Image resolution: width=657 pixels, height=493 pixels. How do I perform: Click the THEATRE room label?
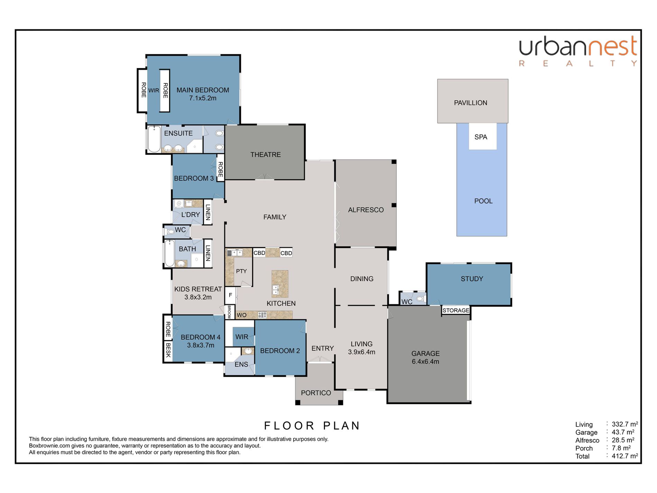pyautogui.click(x=266, y=155)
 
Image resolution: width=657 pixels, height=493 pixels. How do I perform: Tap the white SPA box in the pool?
pyautogui.click(x=483, y=136)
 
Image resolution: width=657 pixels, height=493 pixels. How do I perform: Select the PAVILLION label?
pyautogui.click(x=471, y=103)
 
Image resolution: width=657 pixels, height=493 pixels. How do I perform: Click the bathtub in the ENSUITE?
pyautogui.click(x=154, y=139)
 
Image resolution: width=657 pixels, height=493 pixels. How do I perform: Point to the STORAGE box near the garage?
pyautogui.click(x=456, y=310)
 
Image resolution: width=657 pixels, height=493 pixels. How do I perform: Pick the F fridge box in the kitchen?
pyautogui.click(x=230, y=295)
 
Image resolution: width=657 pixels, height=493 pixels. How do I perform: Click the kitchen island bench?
pyautogui.click(x=280, y=284)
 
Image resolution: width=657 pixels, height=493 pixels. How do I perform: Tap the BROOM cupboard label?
pyautogui.click(x=229, y=312)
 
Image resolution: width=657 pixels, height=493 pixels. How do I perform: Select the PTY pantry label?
pyautogui.click(x=241, y=271)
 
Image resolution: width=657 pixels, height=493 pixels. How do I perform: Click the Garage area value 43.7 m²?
pyautogui.click(x=623, y=432)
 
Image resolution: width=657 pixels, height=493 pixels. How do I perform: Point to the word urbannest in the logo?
pyautogui.click(x=578, y=47)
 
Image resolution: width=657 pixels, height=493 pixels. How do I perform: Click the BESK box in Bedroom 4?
pyautogui.click(x=168, y=350)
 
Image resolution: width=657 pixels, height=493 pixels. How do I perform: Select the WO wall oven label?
pyautogui.click(x=241, y=315)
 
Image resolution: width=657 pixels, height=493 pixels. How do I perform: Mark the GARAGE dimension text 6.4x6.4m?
pyautogui.click(x=425, y=362)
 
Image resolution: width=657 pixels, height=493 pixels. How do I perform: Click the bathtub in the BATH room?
pyautogui.click(x=169, y=254)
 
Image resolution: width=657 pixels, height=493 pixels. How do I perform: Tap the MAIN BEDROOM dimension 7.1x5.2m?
pyautogui.click(x=203, y=98)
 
